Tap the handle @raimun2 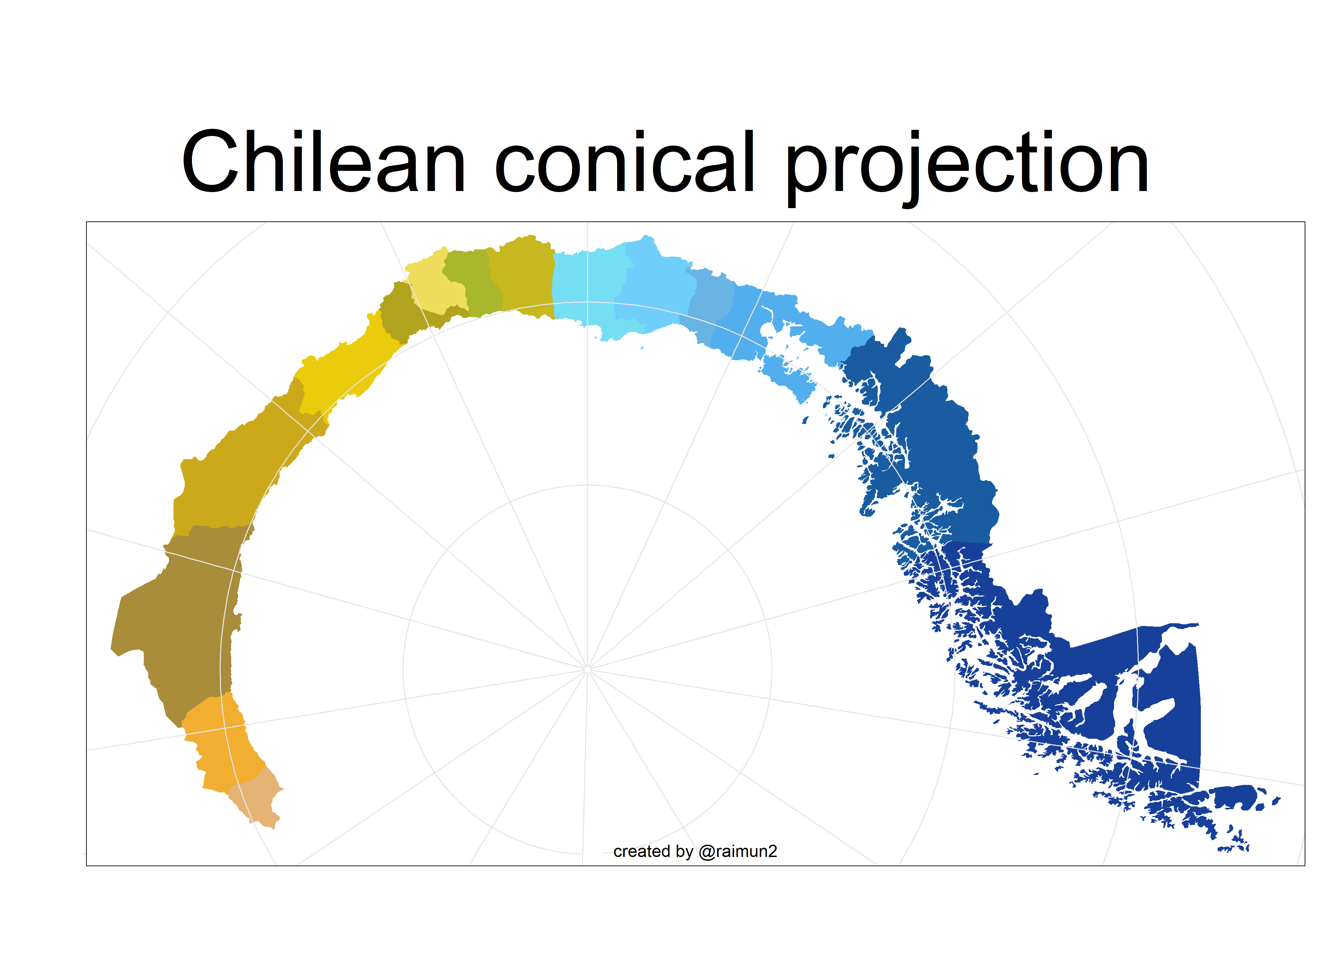tap(737, 852)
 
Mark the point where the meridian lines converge tap(587, 669)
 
